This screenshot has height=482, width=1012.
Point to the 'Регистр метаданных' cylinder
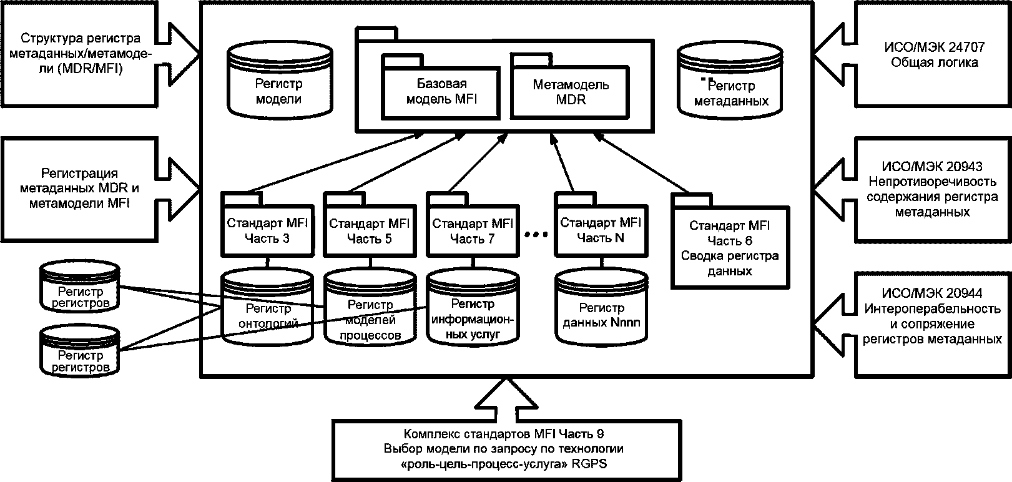pyautogui.click(x=730, y=82)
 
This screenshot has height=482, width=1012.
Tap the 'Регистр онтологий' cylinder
pyautogui.click(x=267, y=307)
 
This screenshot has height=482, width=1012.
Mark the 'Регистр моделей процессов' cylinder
pyautogui.click(x=370, y=307)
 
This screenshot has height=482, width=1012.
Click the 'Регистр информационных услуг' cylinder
pyautogui.click(x=473, y=307)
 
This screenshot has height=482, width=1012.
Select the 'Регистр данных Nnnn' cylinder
pyautogui.click(x=601, y=308)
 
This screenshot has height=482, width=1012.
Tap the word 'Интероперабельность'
pyautogui.click(x=933, y=308)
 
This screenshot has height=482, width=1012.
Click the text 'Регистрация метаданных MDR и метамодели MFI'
pyautogui.click(x=79, y=189)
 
